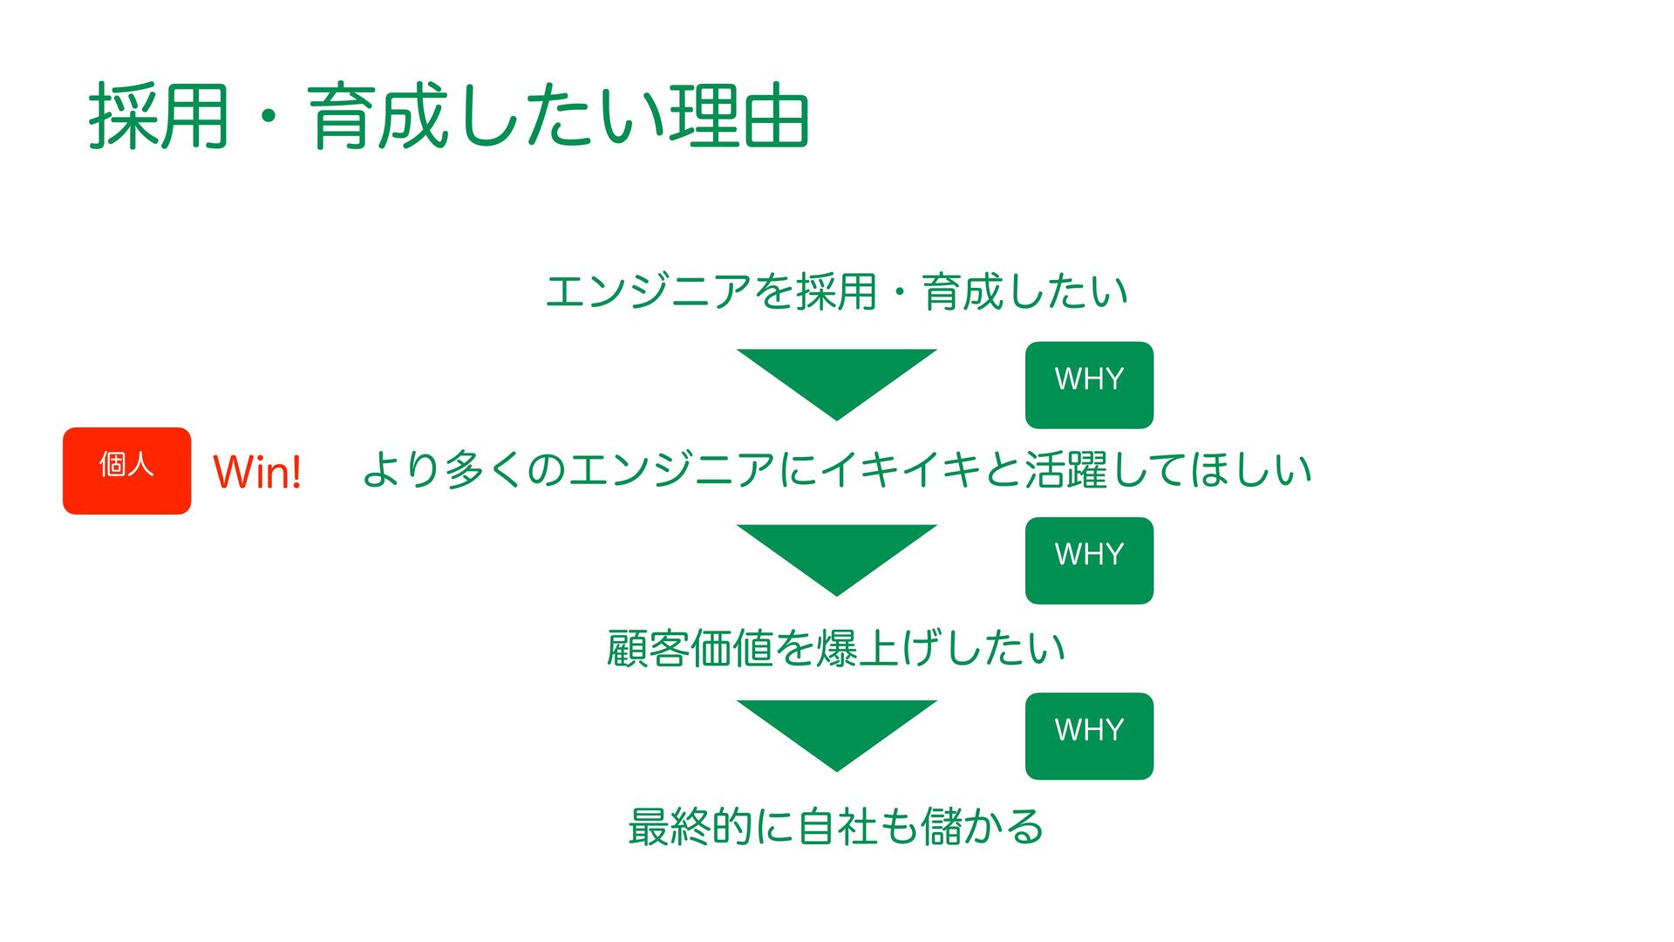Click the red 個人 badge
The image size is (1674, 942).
126,470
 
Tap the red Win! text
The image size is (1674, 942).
257,472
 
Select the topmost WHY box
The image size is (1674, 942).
1089,385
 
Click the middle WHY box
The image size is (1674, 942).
1089,560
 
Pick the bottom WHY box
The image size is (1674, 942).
1089,735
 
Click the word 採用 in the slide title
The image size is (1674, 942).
159,117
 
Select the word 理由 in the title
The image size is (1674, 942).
739,117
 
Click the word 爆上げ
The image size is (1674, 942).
879,648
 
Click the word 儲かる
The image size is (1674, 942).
982,826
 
